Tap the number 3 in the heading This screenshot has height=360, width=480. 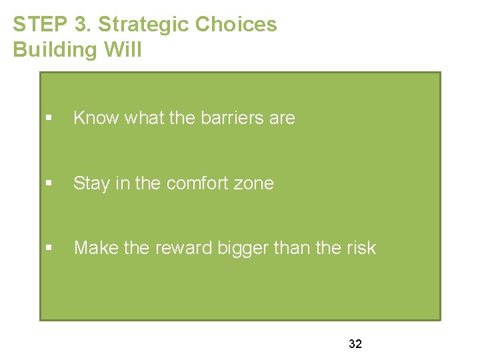pyautogui.click(x=80, y=25)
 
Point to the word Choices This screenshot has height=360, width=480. pyautogui.click(x=235, y=25)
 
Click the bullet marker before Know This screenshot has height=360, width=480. pyautogui.click(x=49, y=118)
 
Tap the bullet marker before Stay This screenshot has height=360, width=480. pyautogui.click(x=49, y=183)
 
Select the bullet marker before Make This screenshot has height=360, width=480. pyautogui.click(x=49, y=248)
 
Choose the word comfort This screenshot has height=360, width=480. pyautogui.click(x=197, y=183)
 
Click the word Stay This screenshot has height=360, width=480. pyautogui.click(x=91, y=183)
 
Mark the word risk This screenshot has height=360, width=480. pyautogui.click(x=361, y=248)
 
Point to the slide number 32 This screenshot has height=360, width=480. pyautogui.click(x=355, y=344)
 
